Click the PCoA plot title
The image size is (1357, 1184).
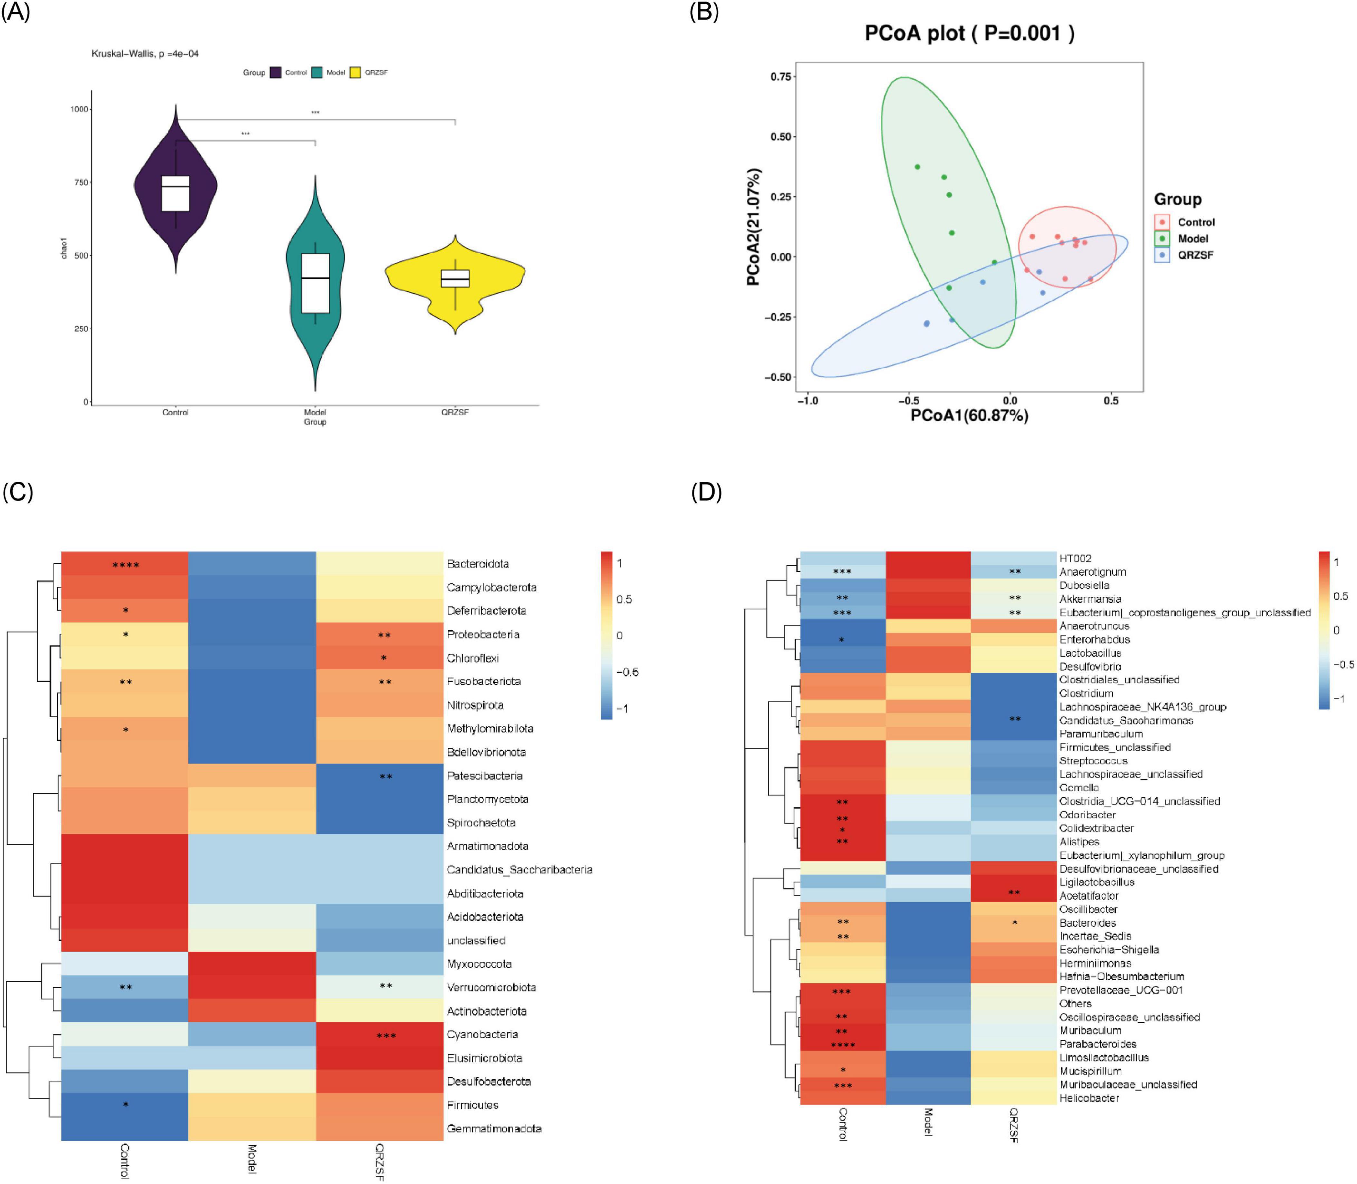(x=969, y=33)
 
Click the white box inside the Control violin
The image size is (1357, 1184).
(x=176, y=193)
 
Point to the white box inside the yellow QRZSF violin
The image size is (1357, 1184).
(x=456, y=278)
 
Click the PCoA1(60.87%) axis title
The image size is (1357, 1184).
(x=969, y=415)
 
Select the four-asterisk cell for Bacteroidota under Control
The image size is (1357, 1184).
(x=126, y=565)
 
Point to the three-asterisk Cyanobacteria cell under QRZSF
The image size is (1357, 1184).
(x=386, y=1035)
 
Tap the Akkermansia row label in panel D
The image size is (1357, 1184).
(x=1090, y=599)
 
